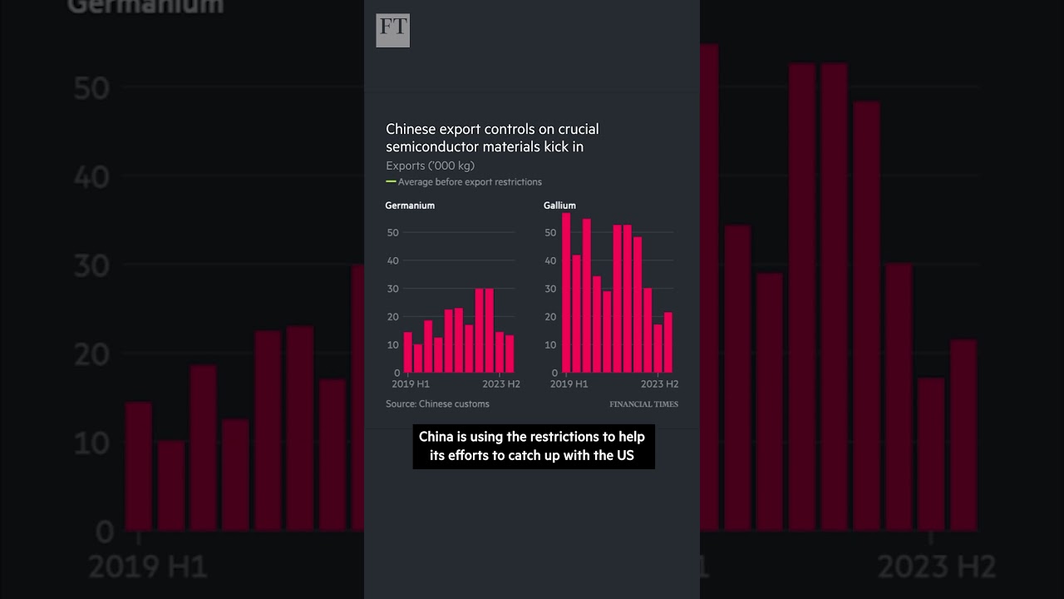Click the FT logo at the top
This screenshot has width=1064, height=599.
pyautogui.click(x=392, y=31)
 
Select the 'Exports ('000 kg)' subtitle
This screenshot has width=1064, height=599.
pyautogui.click(x=430, y=166)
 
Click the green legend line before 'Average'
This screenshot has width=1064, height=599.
pyautogui.click(x=391, y=181)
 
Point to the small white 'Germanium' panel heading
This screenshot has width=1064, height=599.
pyautogui.click(x=410, y=205)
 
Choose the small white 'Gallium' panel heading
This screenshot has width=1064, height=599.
pyautogui.click(x=559, y=205)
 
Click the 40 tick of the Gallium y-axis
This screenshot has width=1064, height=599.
pyautogui.click(x=550, y=260)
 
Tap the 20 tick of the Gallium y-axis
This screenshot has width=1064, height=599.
pyautogui.click(x=550, y=317)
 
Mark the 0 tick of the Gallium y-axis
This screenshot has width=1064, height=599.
pyautogui.click(x=554, y=373)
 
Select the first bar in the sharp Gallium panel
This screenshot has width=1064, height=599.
pyautogui.click(x=566, y=293)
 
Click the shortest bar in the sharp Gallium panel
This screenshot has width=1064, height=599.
pyautogui.click(x=658, y=349)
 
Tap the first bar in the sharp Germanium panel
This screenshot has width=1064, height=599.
pyautogui.click(x=407, y=353)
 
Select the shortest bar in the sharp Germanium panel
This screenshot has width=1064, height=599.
pyautogui.click(x=418, y=359)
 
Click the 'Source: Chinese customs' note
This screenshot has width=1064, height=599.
pyautogui.click(x=437, y=404)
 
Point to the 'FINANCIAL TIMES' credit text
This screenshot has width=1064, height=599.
pyautogui.click(x=643, y=404)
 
